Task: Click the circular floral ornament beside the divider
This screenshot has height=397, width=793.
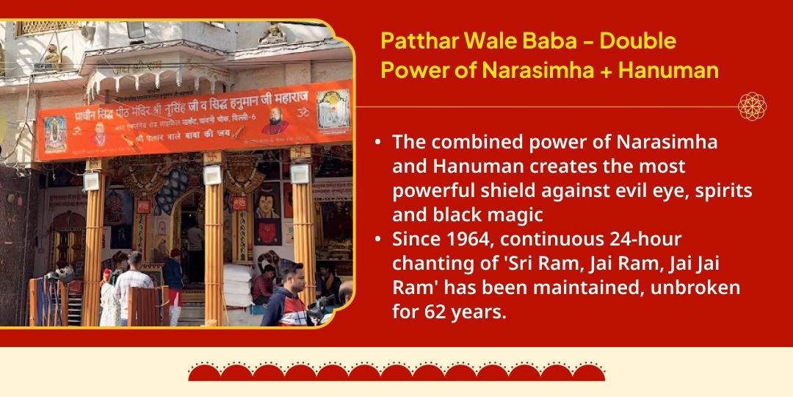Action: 752,107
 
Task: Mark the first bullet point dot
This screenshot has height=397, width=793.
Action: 377,143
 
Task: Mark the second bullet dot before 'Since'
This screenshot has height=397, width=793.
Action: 377,240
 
